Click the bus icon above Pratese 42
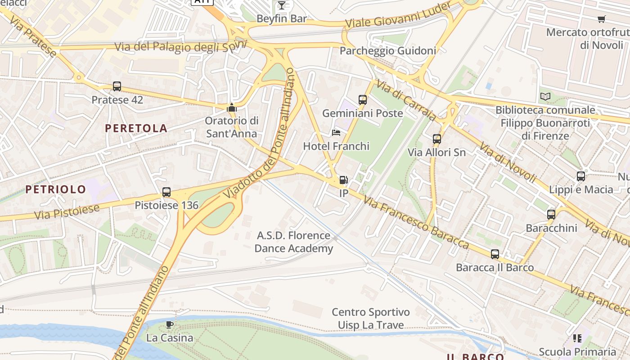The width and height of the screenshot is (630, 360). coord(117,86)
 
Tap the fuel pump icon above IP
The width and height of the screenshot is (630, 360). coord(343,180)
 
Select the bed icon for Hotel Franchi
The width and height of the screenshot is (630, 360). coord(336,133)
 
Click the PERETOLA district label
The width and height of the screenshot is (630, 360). coord(136,128)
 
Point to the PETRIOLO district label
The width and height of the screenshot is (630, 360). coord(55,189)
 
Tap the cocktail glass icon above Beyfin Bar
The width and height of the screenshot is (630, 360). coord(282,5)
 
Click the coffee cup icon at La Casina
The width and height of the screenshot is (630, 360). coord(170,324)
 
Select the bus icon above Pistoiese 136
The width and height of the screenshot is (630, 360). coord(166,192)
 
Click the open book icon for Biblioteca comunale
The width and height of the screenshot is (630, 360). coord(545,96)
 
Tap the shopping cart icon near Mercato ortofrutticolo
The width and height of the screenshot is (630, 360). coord(601,19)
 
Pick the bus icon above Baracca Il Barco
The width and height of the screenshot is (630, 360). coord(495,254)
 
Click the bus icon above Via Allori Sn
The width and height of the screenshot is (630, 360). coord(437,139)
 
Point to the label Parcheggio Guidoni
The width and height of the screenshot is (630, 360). coord(387,51)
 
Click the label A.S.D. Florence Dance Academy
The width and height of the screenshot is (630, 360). coord(294,242)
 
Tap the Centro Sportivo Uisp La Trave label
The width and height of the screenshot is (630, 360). coord(371,319)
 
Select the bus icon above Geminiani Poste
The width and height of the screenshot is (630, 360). coord(363,100)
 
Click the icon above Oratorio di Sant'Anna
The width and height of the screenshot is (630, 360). coord(232,108)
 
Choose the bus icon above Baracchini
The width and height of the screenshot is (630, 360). coord(551,215)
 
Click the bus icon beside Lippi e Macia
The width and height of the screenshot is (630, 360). coord(581,176)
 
